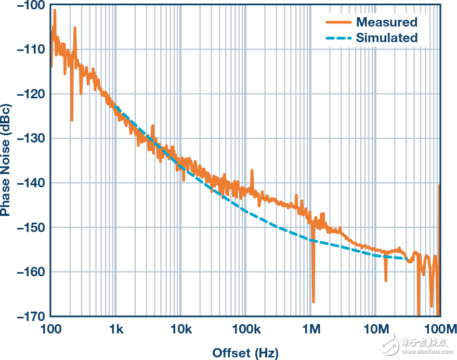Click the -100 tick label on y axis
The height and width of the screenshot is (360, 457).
point(31,5)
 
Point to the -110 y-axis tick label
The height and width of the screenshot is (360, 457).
point(31,49)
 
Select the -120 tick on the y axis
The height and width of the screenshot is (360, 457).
point(31,94)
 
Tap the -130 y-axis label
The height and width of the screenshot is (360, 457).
point(31,138)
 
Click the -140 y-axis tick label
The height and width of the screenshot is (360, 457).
point(31,183)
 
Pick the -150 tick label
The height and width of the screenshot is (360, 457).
point(31,227)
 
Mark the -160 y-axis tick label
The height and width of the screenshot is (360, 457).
point(31,272)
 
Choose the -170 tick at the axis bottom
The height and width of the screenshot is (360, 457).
point(31,316)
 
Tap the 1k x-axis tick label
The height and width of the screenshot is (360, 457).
point(115,329)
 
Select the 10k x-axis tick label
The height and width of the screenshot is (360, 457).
point(180,329)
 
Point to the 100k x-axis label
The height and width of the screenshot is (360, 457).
point(246,329)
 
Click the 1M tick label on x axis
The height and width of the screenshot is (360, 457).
point(311,329)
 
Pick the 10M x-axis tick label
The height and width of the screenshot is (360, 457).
point(376,329)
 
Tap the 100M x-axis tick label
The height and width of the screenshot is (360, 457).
point(439,329)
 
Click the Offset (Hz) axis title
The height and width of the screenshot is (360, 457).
point(245,353)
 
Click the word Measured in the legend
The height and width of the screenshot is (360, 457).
point(386,22)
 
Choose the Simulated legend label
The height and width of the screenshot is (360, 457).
point(386,37)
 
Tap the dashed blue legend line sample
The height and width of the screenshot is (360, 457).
point(338,37)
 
